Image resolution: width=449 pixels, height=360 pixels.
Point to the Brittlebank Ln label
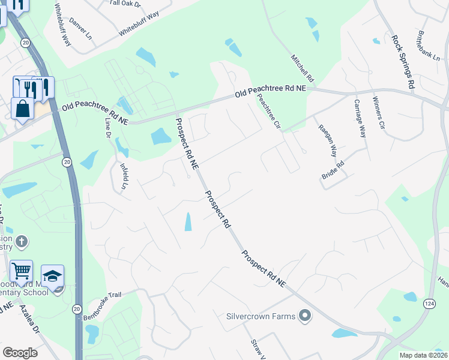(x=429, y=46)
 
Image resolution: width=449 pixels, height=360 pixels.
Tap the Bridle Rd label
(x=333, y=170)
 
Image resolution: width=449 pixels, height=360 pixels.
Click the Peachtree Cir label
(x=269, y=110)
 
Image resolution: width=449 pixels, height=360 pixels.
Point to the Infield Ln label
(x=124, y=176)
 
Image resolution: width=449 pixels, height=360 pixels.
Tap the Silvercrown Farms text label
(x=261, y=316)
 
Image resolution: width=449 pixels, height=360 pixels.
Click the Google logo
(x=20, y=352)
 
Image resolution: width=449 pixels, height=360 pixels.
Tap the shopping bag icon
(x=22, y=109)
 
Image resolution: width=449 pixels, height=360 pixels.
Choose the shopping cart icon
(x=22, y=272)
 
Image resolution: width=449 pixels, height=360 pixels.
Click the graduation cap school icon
(x=52, y=276)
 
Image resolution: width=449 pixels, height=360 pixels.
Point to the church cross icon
(x=21, y=242)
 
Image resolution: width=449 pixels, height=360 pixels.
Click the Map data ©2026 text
(x=423, y=355)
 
